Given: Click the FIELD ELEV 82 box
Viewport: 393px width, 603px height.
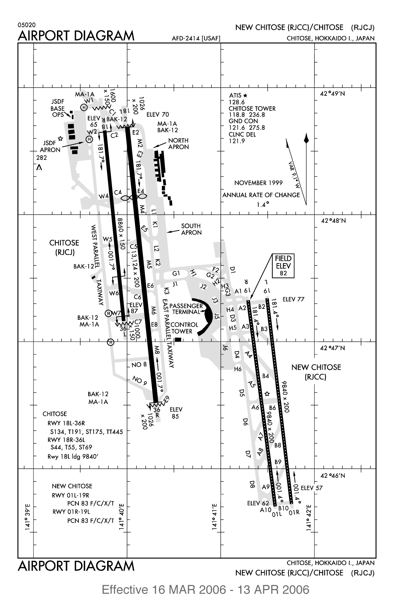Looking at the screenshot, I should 283,265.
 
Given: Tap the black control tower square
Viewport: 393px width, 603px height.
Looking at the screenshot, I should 178,339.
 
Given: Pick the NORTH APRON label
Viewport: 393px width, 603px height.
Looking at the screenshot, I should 178,144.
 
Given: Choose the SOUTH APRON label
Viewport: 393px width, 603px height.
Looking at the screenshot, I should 191,229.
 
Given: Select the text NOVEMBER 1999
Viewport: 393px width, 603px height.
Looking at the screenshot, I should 258,183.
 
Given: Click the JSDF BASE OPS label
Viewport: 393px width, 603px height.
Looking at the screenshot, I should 58,109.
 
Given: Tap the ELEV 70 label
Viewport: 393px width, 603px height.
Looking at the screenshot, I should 158,115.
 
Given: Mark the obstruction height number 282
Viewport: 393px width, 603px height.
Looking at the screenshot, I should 41,157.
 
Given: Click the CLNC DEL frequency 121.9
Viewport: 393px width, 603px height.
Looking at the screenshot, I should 237,141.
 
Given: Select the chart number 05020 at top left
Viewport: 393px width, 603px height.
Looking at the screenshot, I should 25,25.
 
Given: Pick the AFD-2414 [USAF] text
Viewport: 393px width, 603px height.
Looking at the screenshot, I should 196,38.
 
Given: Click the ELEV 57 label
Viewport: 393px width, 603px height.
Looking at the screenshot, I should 312,488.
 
